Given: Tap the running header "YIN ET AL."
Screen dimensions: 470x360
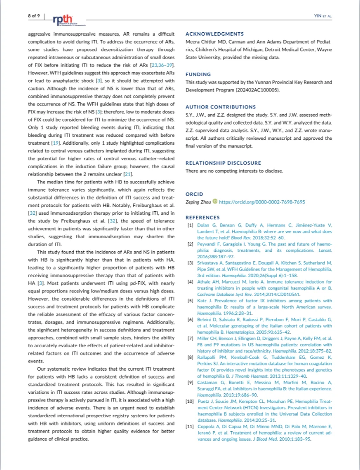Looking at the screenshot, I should point(323,16).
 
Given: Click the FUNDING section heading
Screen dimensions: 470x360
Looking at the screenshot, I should point(198,74).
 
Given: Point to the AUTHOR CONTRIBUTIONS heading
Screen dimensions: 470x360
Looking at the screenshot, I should point(221,107).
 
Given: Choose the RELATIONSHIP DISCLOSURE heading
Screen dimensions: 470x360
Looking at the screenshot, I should point(223,163).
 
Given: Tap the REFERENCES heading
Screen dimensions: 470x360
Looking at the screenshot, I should point(203,217).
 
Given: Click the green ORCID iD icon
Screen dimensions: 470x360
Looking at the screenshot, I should point(214,202).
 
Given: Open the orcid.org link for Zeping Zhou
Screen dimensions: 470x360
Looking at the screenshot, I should point(262,202).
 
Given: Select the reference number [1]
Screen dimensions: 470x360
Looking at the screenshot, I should point(190,225).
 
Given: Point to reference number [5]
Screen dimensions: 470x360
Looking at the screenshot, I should point(190,301).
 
